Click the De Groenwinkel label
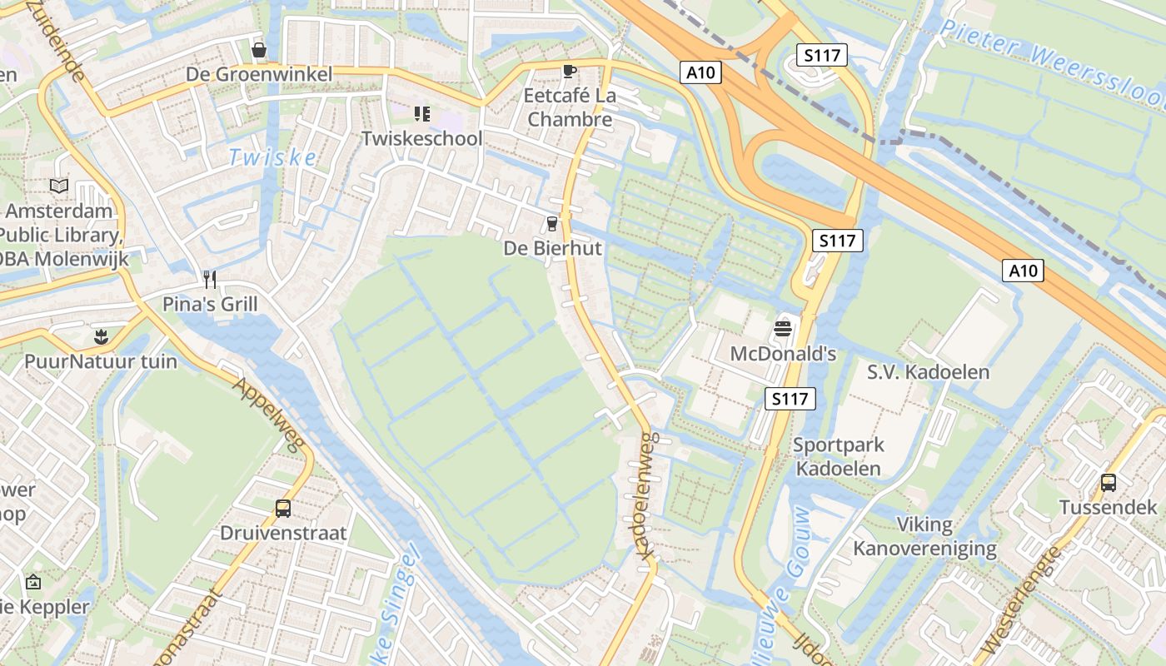point(259,75)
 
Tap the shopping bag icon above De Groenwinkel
point(259,51)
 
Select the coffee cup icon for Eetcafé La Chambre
point(569,71)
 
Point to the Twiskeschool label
point(421,138)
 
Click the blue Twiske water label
point(272,157)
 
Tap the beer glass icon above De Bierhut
point(551,223)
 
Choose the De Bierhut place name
point(552,248)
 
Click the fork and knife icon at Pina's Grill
point(210,279)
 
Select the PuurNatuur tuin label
point(101,361)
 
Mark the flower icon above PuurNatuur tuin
point(101,337)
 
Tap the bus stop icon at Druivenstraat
point(283,508)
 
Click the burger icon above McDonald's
point(782,329)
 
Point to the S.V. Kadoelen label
point(928,372)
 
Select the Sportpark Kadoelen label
point(838,456)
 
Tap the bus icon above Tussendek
point(1109,482)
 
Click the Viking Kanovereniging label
point(924,536)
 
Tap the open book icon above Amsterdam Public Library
point(58,186)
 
